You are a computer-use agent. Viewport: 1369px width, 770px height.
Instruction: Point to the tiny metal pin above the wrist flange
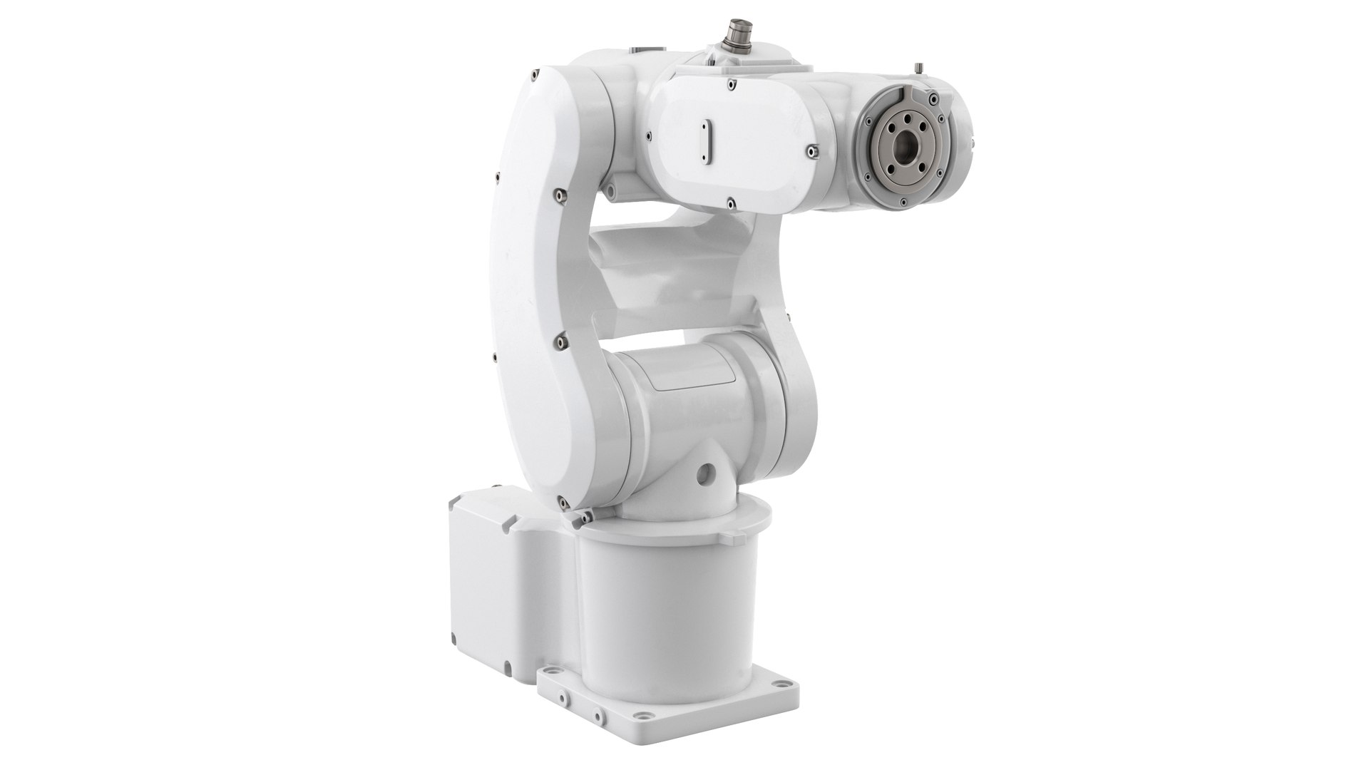point(918,68)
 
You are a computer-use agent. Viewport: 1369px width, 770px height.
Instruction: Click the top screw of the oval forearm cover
point(731,83)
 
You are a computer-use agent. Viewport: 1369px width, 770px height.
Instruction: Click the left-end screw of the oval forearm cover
point(649,134)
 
